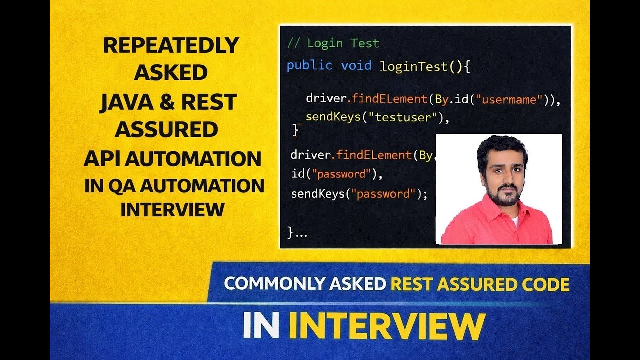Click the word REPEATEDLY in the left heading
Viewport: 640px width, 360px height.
point(171,46)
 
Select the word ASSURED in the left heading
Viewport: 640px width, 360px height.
point(166,130)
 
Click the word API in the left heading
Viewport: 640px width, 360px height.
point(102,159)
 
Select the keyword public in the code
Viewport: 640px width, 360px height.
point(309,65)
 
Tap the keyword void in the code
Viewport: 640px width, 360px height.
point(356,65)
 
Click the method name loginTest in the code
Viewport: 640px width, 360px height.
point(413,66)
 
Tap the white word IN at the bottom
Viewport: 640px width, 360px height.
point(261,326)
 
